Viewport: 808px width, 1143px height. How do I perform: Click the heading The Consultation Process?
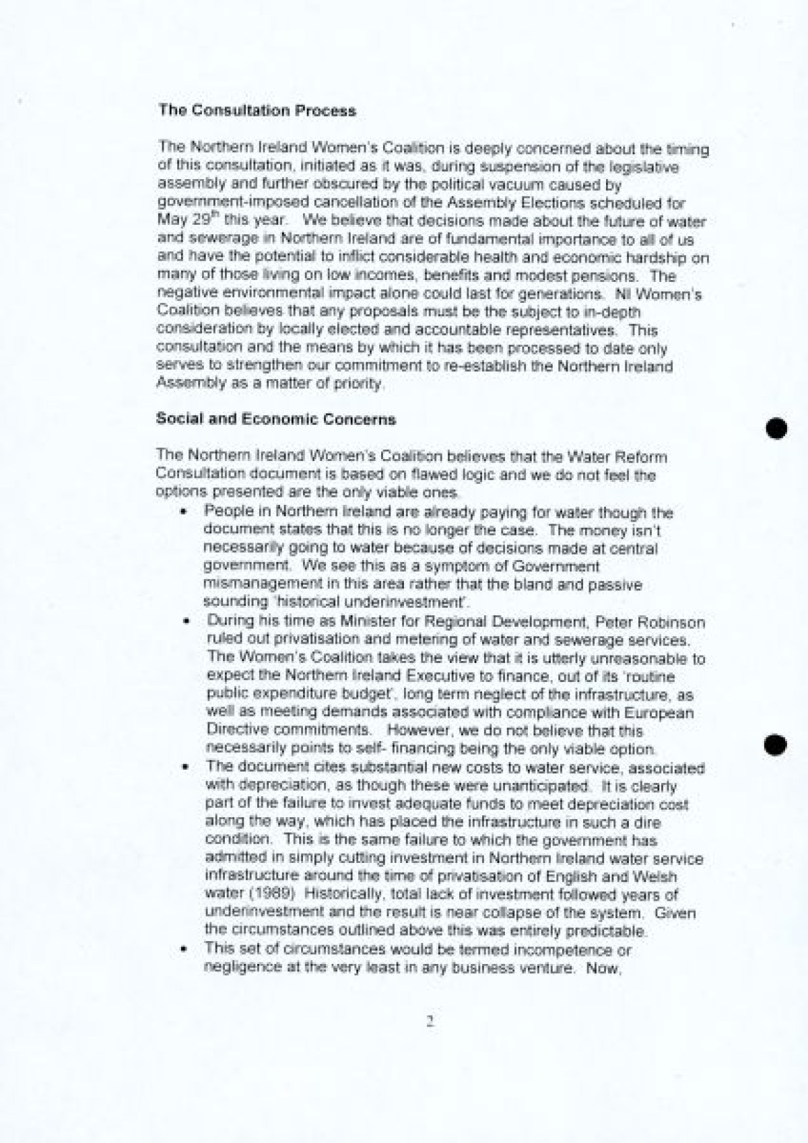point(257,110)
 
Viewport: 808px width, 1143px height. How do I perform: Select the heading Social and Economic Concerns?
point(276,419)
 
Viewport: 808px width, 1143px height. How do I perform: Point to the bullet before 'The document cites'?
point(184,768)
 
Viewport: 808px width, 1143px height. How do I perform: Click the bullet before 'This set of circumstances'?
point(184,950)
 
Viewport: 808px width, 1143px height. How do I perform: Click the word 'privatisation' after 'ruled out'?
point(309,639)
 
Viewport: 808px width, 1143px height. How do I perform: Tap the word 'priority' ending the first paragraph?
point(364,384)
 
